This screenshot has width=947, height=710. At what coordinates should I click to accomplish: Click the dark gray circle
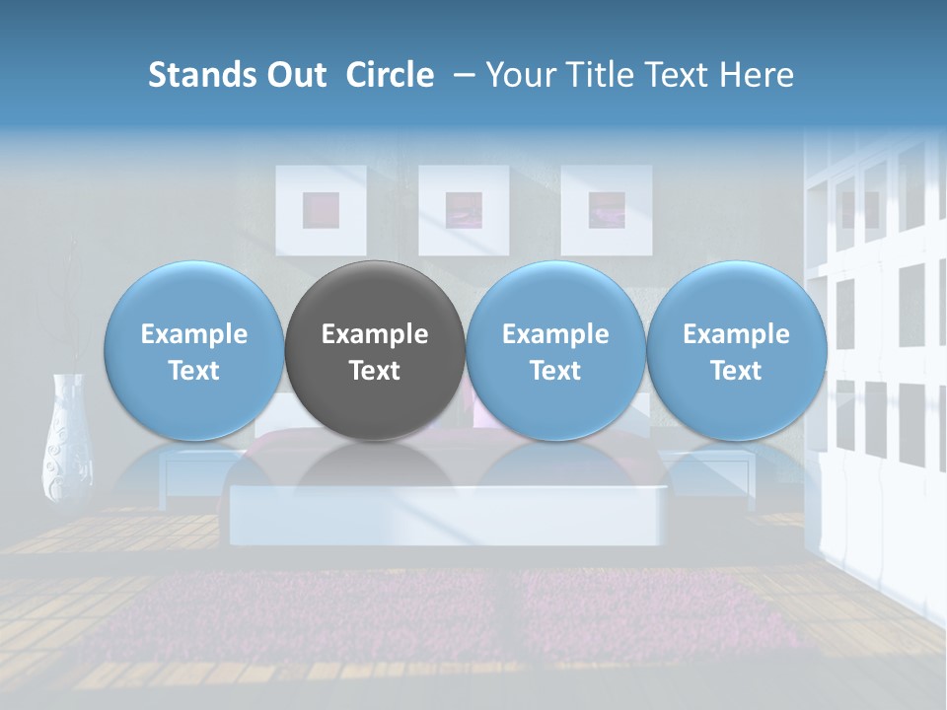coord(374,351)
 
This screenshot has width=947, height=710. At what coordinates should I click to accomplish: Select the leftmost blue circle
coord(193,351)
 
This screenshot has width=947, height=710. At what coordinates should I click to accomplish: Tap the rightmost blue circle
coord(736,351)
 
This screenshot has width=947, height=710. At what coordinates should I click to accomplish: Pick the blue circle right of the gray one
coord(554,351)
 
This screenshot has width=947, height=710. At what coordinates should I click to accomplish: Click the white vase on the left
coord(67,439)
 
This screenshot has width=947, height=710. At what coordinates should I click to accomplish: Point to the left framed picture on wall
coord(321,210)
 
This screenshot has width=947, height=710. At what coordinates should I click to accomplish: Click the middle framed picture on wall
coord(464,210)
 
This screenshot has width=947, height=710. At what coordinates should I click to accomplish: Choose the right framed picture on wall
coord(606,210)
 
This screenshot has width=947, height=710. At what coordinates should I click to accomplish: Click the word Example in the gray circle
coord(374,334)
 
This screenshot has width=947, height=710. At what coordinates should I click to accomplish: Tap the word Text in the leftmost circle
coord(193,371)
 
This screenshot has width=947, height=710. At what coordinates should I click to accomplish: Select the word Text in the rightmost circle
coord(736,371)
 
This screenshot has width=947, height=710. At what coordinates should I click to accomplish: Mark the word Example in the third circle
coord(554,334)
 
